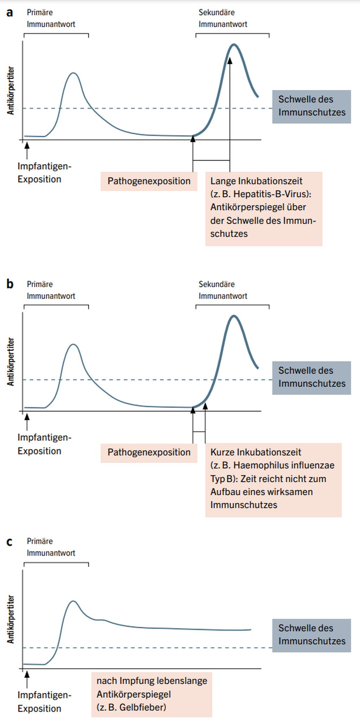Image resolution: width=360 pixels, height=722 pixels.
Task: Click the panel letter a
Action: (x=10, y=13)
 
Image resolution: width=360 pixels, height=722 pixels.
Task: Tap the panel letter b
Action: (x=10, y=284)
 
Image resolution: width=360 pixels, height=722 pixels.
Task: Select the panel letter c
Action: (x=9, y=541)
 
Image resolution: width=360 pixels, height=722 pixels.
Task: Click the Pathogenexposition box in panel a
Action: (x=149, y=181)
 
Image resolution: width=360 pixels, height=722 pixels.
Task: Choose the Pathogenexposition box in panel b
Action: (x=149, y=453)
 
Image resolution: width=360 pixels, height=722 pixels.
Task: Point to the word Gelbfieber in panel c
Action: (x=142, y=707)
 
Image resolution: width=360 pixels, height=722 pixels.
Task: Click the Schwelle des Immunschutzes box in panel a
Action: (x=311, y=106)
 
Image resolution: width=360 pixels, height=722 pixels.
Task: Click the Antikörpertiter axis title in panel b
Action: (x=11, y=362)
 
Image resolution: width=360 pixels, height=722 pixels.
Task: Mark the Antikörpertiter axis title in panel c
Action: (x=11, y=619)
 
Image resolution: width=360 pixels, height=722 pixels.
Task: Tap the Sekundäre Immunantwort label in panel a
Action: (x=223, y=18)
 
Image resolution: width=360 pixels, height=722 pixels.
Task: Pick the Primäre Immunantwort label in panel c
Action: (x=51, y=547)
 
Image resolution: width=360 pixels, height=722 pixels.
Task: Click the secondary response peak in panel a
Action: (x=234, y=45)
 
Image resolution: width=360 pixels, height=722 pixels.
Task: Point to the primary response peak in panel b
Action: (x=73, y=344)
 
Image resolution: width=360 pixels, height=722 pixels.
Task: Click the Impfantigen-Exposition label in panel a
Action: (x=44, y=173)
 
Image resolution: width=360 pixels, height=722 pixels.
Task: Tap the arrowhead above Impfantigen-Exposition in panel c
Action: (x=27, y=674)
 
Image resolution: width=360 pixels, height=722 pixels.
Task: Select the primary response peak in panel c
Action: (x=73, y=601)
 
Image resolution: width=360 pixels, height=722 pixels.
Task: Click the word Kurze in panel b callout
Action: (x=222, y=452)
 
